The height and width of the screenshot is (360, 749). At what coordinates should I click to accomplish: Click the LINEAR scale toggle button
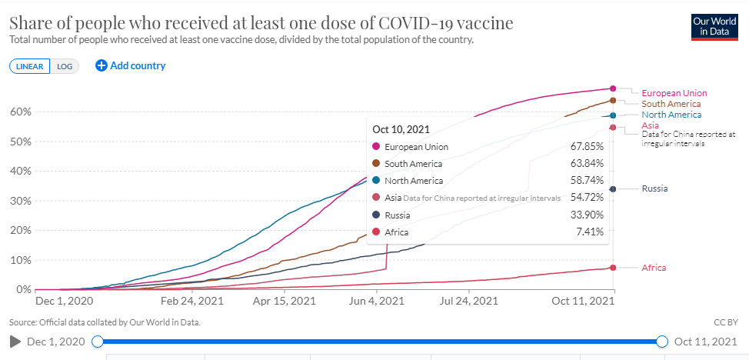[30, 66]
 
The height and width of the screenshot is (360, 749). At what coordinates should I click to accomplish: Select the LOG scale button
[65, 66]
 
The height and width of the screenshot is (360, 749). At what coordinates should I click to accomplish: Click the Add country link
[131, 65]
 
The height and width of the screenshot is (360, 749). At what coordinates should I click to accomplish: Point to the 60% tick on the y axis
[20, 112]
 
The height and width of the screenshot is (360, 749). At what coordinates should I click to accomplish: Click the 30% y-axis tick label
[20, 201]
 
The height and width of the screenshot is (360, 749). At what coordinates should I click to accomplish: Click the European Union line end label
[674, 93]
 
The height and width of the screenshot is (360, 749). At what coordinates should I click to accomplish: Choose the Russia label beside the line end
[654, 188]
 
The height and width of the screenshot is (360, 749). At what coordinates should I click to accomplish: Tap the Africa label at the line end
[654, 268]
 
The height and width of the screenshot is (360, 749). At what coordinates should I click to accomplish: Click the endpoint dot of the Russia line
[613, 189]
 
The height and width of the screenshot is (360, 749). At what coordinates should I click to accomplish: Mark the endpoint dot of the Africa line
[613, 268]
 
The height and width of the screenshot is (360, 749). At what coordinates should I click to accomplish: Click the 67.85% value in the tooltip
[588, 146]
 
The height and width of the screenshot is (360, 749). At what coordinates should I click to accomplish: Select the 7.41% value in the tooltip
[589, 232]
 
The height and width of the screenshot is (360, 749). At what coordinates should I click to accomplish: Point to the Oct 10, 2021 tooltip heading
[401, 128]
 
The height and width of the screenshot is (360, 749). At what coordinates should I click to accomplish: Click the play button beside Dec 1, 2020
[14, 342]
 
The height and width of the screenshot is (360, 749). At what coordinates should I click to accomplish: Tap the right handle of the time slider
[662, 342]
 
